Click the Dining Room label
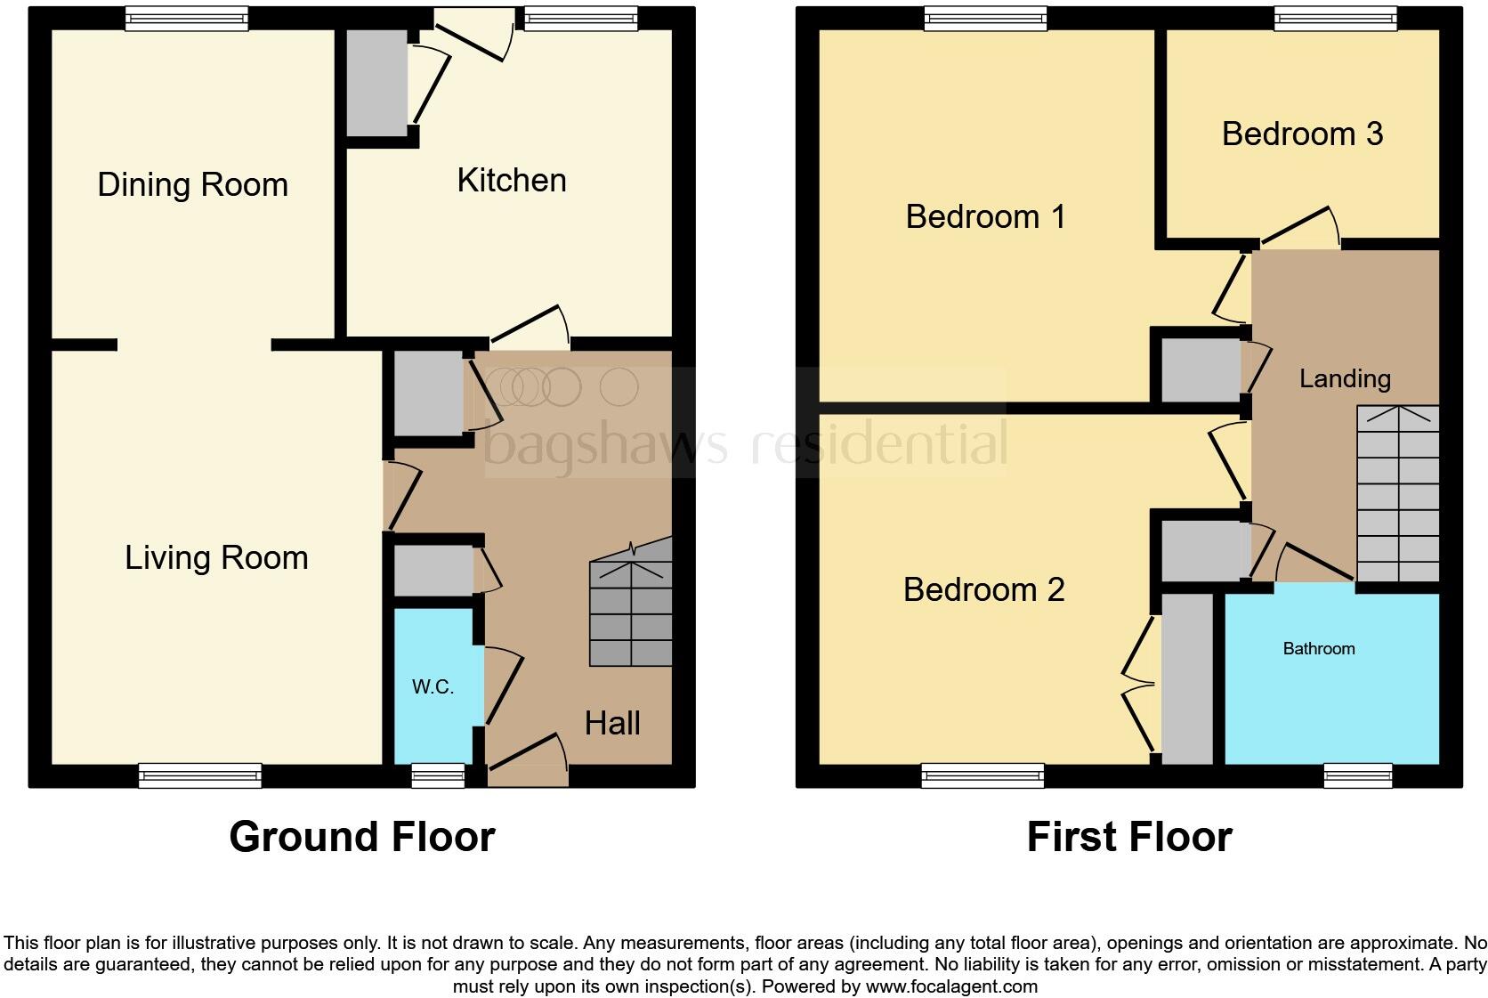click(x=192, y=185)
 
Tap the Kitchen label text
click(x=511, y=181)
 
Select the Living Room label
click(x=216, y=558)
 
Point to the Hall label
click(x=612, y=723)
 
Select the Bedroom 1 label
click(x=985, y=216)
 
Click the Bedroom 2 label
click(x=983, y=589)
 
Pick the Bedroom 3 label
click(x=1301, y=134)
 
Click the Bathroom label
click(x=1318, y=649)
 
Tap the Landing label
click(x=1344, y=378)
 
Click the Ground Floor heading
click(x=361, y=837)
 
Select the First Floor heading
click(x=1128, y=837)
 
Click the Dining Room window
click(x=186, y=18)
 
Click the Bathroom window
click(x=1357, y=776)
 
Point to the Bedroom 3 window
click(x=1335, y=18)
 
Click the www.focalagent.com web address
click(x=951, y=986)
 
